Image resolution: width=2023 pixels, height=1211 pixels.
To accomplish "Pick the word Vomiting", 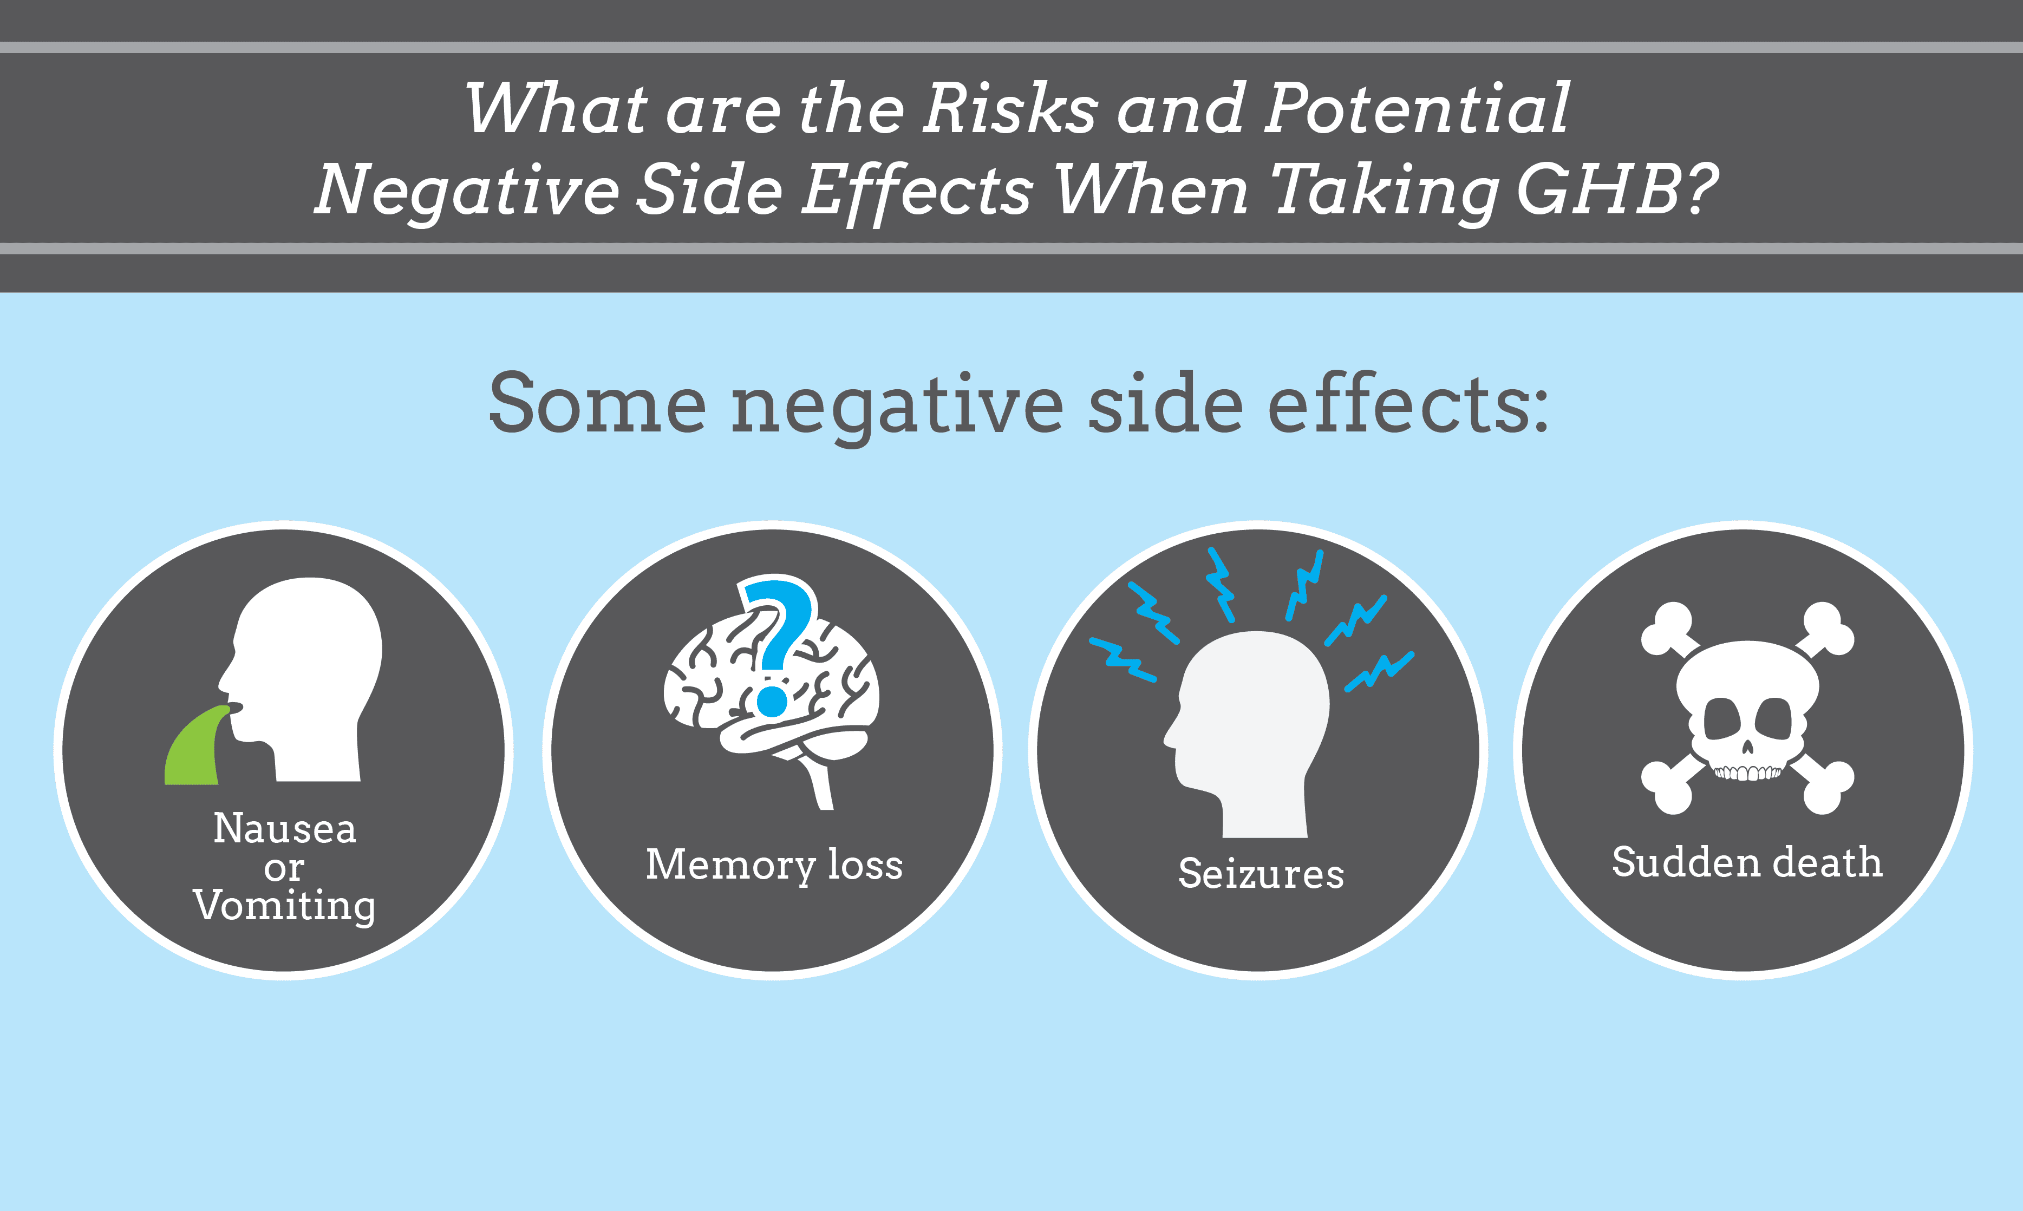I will point(285,906).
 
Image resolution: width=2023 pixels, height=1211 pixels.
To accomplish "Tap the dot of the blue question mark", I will point(772,700).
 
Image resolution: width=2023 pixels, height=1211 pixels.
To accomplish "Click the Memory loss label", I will point(774,865).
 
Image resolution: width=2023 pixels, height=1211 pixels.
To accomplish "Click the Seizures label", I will point(1261,874).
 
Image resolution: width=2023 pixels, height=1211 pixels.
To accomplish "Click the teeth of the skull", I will point(1746,772).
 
